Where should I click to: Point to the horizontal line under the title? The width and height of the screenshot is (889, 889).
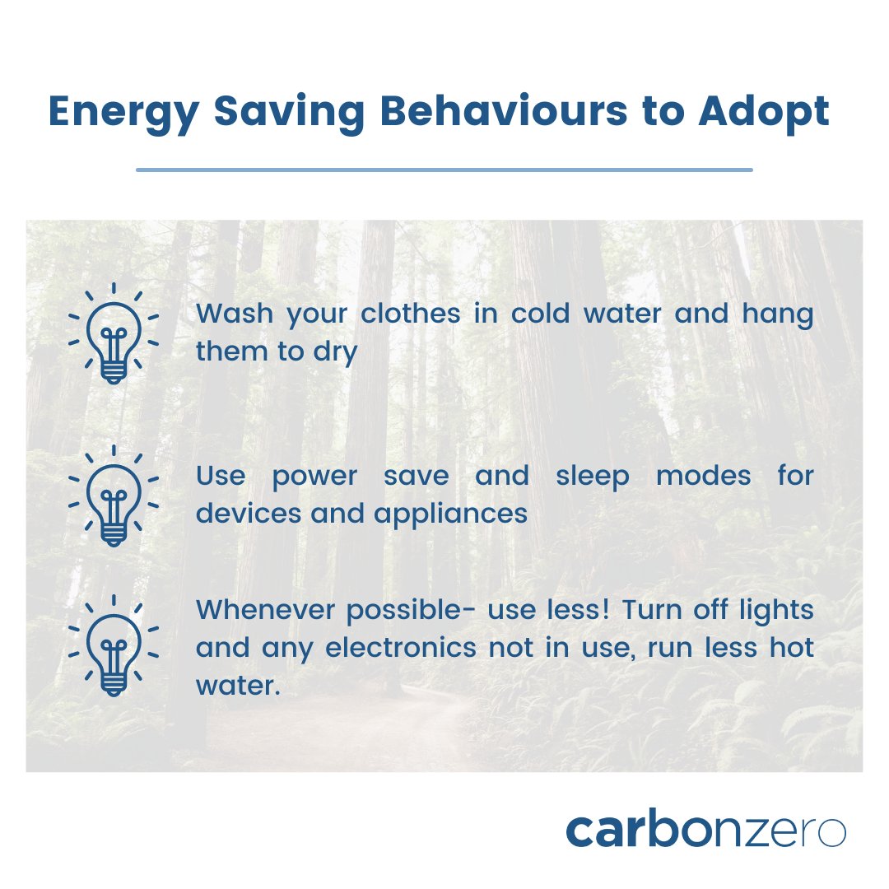pos(444,170)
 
